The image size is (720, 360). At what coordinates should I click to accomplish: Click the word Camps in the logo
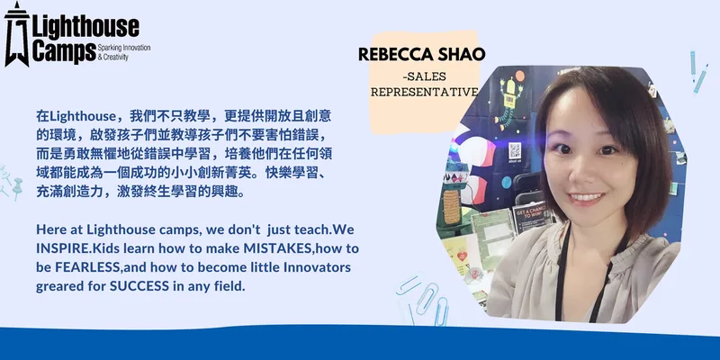pyautogui.click(x=64, y=51)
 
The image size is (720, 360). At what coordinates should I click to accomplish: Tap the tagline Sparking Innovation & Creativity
pyautogui.click(x=124, y=52)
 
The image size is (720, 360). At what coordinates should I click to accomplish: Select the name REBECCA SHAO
pyautogui.click(x=421, y=55)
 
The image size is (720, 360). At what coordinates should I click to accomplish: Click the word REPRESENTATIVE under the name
pyautogui.click(x=424, y=93)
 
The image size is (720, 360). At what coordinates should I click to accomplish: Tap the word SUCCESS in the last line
pyautogui.click(x=139, y=286)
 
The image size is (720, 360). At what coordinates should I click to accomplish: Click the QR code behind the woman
pyautogui.click(x=515, y=150)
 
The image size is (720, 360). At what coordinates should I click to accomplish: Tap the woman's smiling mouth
pyautogui.click(x=587, y=198)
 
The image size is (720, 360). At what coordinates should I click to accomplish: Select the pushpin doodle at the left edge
pyautogui.click(x=17, y=188)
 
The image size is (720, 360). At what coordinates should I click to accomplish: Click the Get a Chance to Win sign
pyautogui.click(x=529, y=217)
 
